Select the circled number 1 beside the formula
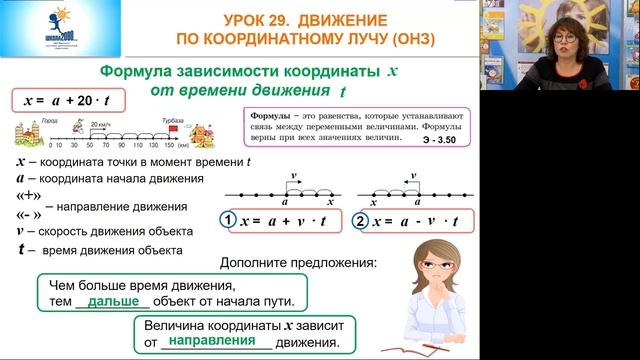click(x=227, y=219)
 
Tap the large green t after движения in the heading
click(x=343, y=91)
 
